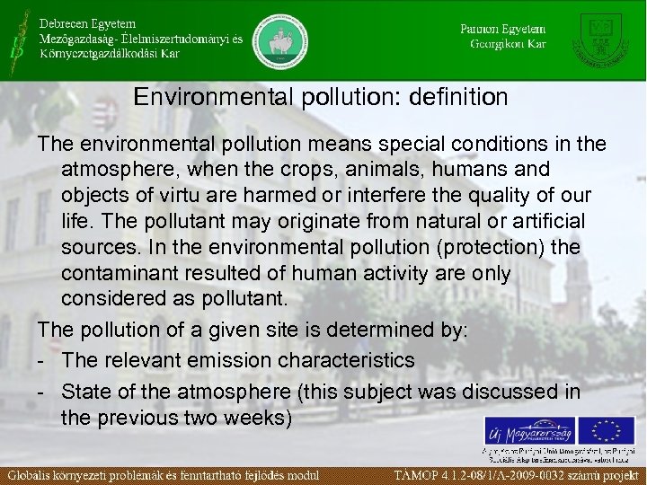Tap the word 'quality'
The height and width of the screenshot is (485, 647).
[x=474, y=195]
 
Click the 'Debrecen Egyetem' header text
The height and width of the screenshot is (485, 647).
[x=86, y=22]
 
